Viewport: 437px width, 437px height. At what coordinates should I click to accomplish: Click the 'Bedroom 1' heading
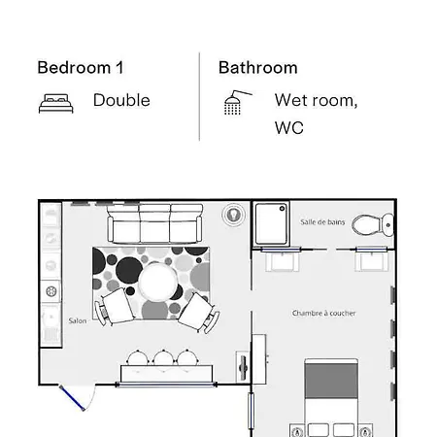click(x=81, y=68)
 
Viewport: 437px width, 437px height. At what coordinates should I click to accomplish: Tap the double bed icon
click(x=56, y=104)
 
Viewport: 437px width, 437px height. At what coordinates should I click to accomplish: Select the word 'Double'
click(x=121, y=100)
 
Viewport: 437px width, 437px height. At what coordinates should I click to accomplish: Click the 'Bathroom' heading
click(x=258, y=68)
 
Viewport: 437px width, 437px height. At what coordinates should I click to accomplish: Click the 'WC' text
click(x=289, y=128)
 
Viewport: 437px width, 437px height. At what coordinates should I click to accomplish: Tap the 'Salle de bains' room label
click(x=322, y=222)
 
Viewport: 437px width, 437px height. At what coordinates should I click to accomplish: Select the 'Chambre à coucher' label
click(x=323, y=313)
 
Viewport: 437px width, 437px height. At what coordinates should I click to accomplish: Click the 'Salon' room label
click(x=78, y=320)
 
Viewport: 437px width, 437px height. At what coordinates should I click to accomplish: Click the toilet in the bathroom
click(x=373, y=224)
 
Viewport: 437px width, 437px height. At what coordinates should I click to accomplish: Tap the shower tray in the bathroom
click(x=271, y=223)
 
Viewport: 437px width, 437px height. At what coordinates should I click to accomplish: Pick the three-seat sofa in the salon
click(x=154, y=223)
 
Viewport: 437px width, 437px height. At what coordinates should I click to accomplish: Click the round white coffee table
click(x=158, y=282)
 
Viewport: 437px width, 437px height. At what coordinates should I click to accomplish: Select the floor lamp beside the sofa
click(x=233, y=215)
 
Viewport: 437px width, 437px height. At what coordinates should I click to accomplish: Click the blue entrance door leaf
click(x=72, y=398)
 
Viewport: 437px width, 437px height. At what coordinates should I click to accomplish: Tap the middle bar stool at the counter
click(x=163, y=358)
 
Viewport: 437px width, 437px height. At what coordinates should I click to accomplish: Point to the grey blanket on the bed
click(x=331, y=381)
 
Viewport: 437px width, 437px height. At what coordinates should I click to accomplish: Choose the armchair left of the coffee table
click(x=114, y=307)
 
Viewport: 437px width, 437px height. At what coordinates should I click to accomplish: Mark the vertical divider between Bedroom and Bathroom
click(x=199, y=96)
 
